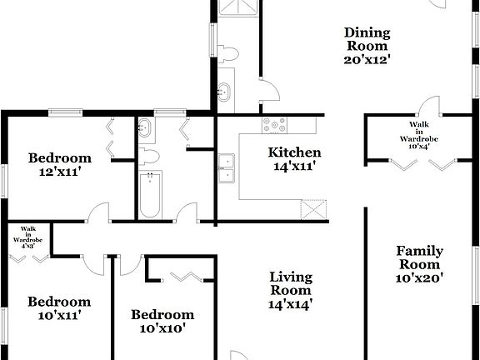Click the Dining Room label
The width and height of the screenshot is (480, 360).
coord(367,39)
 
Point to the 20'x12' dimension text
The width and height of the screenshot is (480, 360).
coord(367,59)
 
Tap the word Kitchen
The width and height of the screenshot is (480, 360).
coord(294,152)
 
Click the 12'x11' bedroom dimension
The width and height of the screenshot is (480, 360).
coord(59,172)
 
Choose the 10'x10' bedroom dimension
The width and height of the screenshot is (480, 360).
coord(162,327)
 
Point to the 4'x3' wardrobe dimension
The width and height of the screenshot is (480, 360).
coord(28,246)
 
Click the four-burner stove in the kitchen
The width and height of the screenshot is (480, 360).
coord(274,125)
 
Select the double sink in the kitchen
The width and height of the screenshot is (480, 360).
coord(227,167)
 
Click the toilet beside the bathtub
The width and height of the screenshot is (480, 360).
coord(149,157)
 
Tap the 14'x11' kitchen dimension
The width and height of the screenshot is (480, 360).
coord(294,166)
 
